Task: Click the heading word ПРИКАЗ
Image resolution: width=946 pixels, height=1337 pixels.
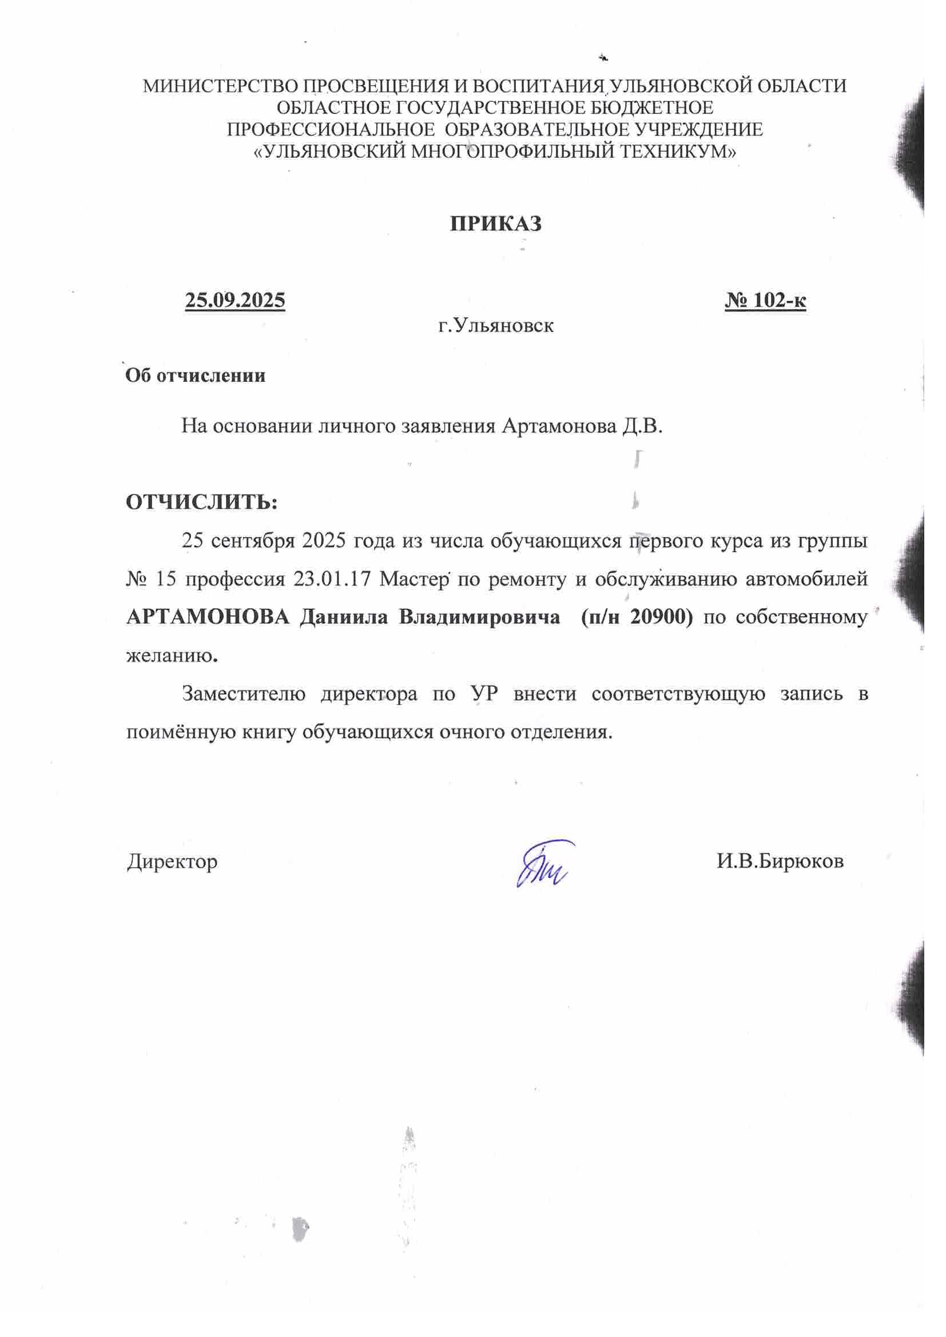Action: pyautogui.click(x=496, y=224)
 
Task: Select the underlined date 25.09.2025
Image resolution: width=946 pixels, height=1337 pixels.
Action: pyautogui.click(x=234, y=300)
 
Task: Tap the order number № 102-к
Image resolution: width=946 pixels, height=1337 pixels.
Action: pyautogui.click(x=765, y=300)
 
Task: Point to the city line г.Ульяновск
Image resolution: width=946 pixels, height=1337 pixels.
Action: pyautogui.click(x=496, y=325)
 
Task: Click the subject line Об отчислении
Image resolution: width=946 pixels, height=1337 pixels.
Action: pyautogui.click(x=196, y=376)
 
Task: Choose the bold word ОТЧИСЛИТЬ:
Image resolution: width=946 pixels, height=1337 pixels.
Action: pyautogui.click(x=201, y=502)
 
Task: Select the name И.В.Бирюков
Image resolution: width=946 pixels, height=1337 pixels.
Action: pyautogui.click(x=780, y=861)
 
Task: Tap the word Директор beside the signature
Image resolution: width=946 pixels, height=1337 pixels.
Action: pyautogui.click(x=172, y=861)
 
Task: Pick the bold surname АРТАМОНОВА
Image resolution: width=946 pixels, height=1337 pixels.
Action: pyautogui.click(x=208, y=617)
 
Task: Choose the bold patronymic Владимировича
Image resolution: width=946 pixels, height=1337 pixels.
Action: pyautogui.click(x=479, y=617)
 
